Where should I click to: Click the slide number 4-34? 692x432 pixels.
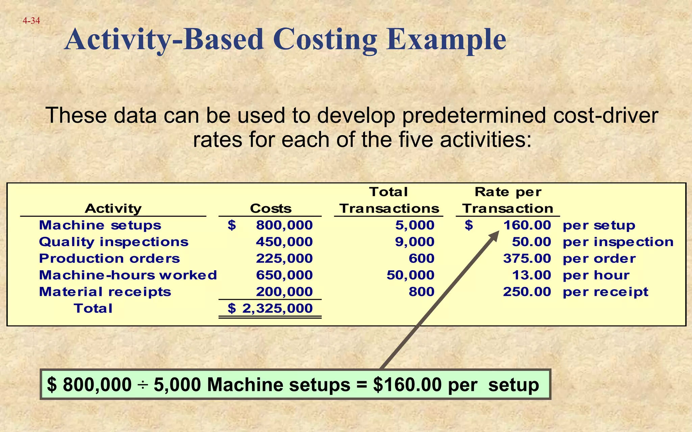(31, 21)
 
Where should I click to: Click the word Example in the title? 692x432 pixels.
(446, 40)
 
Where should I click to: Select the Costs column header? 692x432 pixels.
(271, 209)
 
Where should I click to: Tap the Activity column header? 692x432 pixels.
(113, 209)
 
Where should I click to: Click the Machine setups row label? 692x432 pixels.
(100, 225)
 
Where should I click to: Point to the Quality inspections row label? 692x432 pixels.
(114, 242)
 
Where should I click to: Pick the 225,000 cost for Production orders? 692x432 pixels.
(284, 259)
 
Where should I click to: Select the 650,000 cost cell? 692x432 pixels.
(284, 275)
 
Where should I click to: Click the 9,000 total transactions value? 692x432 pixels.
(415, 242)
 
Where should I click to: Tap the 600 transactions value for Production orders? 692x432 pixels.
(421, 259)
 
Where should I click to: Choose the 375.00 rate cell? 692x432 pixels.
(527, 259)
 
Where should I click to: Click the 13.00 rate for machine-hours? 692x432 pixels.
(532, 275)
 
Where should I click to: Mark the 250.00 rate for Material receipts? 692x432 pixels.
(527, 292)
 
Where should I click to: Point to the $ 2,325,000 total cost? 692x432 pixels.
(270, 308)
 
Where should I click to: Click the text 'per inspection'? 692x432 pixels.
(618, 242)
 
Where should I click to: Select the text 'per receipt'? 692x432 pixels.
(605, 292)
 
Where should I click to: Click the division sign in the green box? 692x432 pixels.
(143, 385)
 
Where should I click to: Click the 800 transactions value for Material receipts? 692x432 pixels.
(421, 292)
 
